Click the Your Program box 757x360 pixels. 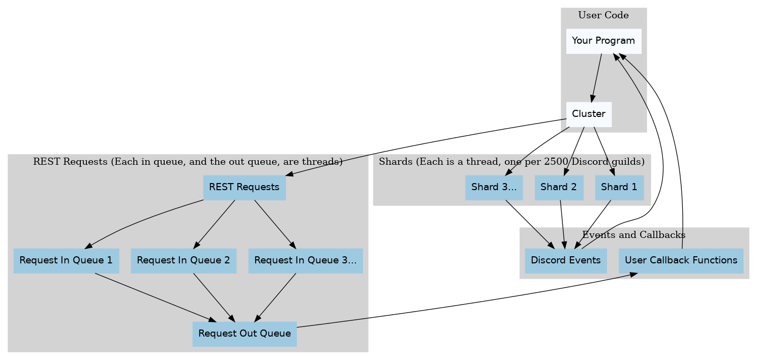[603, 41]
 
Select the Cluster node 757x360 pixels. [588, 114]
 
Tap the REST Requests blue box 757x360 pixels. [244, 187]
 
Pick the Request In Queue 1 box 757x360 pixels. [66, 260]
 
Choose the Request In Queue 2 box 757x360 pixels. [183, 260]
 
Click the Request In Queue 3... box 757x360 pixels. [305, 260]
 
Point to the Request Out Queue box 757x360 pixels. [244, 334]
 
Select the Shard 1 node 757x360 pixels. [619, 187]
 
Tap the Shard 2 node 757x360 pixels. [558, 187]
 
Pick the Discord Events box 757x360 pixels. [565, 260]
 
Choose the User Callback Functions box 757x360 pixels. [681, 260]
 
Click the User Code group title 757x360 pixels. [603, 15]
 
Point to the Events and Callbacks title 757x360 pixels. [633, 235]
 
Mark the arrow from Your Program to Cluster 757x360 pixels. [596, 76]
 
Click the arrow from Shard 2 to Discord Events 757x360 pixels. [562, 224]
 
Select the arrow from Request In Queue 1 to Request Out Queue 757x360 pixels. [153, 297]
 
